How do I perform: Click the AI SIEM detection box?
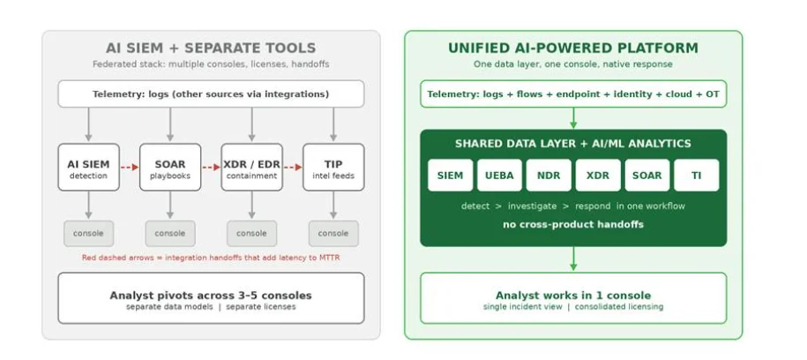(x=88, y=168)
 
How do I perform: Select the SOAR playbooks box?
(x=170, y=168)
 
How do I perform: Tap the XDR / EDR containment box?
(x=251, y=168)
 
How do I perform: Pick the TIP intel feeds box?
(x=333, y=168)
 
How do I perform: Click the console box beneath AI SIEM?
(x=88, y=233)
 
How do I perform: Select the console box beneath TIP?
(x=333, y=233)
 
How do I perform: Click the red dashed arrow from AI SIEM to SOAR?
(x=130, y=168)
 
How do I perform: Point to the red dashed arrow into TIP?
(x=293, y=168)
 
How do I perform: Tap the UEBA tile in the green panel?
(x=499, y=175)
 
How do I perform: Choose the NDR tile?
(x=549, y=175)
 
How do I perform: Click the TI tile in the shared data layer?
(x=697, y=175)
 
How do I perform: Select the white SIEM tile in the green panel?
(x=451, y=175)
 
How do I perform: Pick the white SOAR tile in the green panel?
(x=647, y=175)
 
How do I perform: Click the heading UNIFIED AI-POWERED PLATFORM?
(x=573, y=49)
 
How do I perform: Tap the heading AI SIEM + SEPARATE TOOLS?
(x=211, y=49)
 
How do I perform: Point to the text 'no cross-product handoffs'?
(x=573, y=224)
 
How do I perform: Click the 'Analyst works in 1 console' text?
(x=573, y=296)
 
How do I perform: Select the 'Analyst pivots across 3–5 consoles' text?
(x=211, y=296)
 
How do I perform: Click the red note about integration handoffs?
(x=211, y=258)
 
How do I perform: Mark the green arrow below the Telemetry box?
(x=573, y=118)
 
